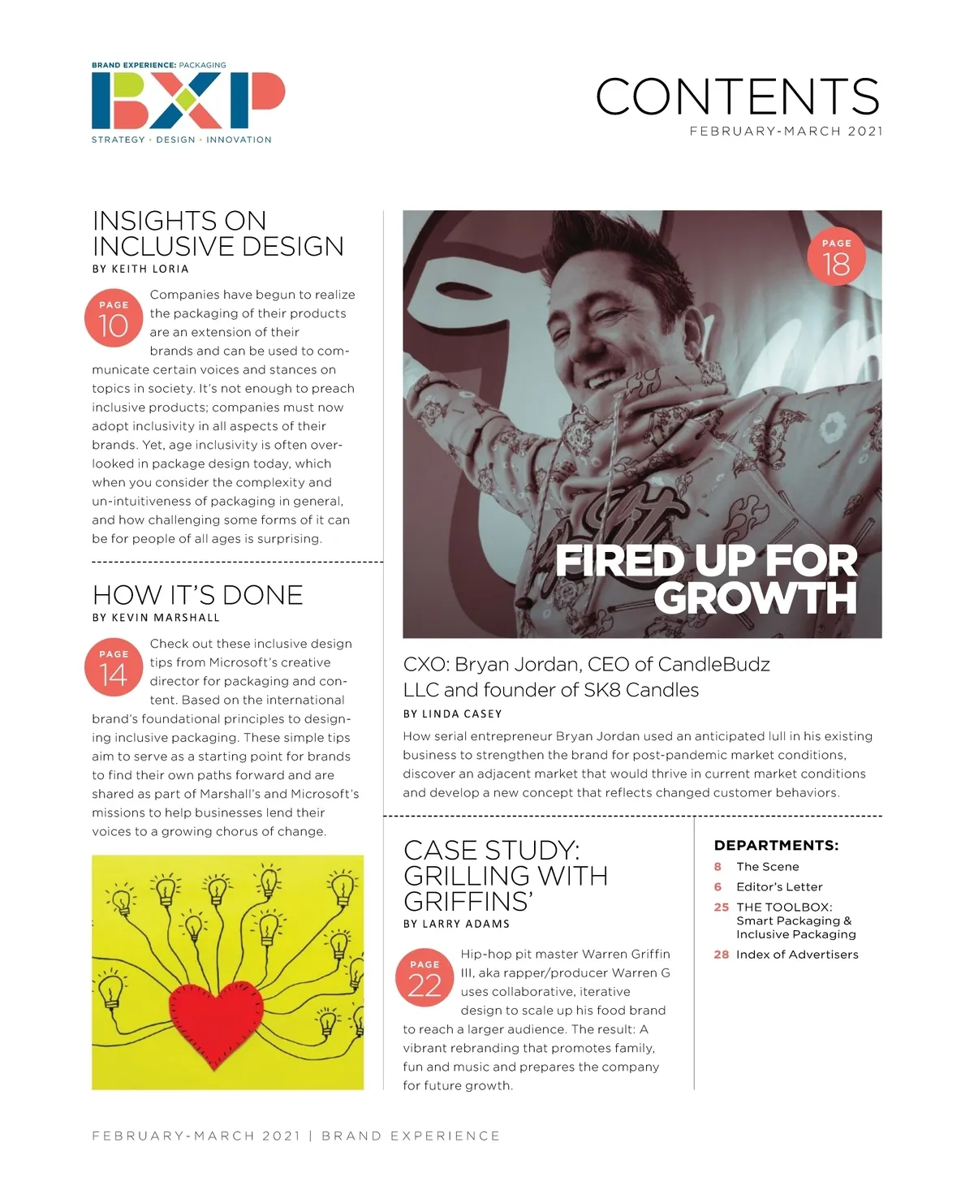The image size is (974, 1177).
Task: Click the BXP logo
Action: [x=187, y=101]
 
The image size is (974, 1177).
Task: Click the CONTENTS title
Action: [x=737, y=97]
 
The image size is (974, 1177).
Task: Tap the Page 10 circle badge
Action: [x=114, y=320]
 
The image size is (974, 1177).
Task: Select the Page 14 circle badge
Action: [x=114, y=669]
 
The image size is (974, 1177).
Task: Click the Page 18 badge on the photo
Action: [x=836, y=258]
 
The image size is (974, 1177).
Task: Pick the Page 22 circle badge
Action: [x=425, y=979]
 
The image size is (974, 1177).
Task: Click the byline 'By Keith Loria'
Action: [x=140, y=269]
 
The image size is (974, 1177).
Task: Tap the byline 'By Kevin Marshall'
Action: [x=156, y=618]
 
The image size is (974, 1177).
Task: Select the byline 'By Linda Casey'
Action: [x=452, y=714]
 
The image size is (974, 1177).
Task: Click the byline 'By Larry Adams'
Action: [x=456, y=924]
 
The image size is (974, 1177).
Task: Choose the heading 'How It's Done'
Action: [x=197, y=595]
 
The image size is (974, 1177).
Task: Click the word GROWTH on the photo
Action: [x=755, y=599]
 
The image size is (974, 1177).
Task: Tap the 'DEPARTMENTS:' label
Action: [x=776, y=846]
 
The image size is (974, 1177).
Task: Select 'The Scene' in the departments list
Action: [x=767, y=867]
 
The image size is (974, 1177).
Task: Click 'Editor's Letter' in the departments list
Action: [x=779, y=887]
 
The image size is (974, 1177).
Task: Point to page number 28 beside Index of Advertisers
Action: [x=721, y=955]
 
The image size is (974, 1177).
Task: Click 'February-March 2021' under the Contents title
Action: [x=786, y=131]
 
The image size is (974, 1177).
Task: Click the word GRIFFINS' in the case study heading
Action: [x=468, y=902]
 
